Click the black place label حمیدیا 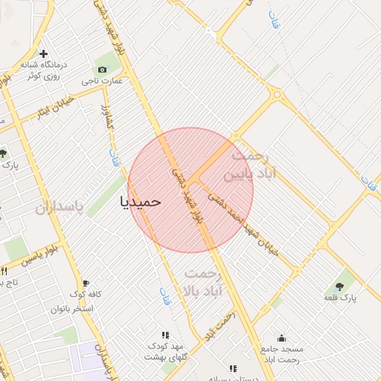[140, 201]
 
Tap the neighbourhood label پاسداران [60, 205]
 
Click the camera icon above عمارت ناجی [102, 69]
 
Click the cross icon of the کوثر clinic [44, 54]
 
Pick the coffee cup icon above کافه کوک [86, 284]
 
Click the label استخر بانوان [72, 308]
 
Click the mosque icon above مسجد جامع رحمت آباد [281, 338]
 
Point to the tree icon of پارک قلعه [339, 286]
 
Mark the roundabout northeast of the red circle [278, 95]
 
